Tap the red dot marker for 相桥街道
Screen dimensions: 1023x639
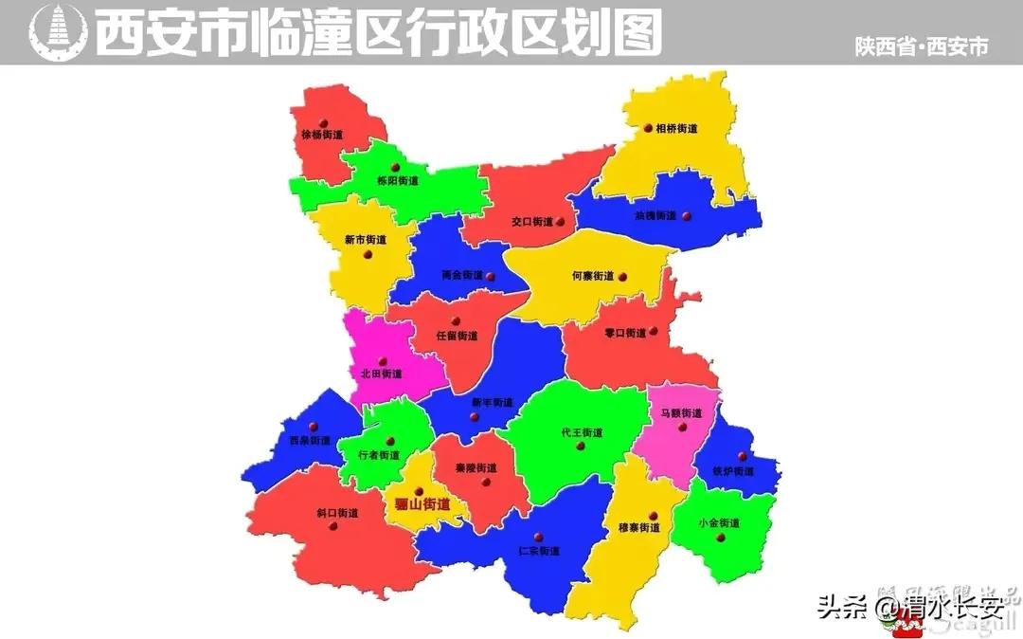pos(648,127)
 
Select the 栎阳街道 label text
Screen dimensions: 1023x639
pos(397,180)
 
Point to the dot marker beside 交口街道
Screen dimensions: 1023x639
pos(561,222)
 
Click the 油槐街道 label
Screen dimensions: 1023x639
pos(655,216)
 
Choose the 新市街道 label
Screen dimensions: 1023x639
pos(366,240)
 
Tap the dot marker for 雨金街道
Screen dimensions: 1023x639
pos(492,276)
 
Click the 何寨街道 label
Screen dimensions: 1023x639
pos(593,276)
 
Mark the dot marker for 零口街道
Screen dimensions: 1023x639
pos(653,332)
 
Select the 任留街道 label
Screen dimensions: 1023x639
pos(457,336)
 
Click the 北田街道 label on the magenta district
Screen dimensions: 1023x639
pos(381,374)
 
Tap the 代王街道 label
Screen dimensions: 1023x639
pos(582,432)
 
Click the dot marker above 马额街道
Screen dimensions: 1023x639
pos(681,427)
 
